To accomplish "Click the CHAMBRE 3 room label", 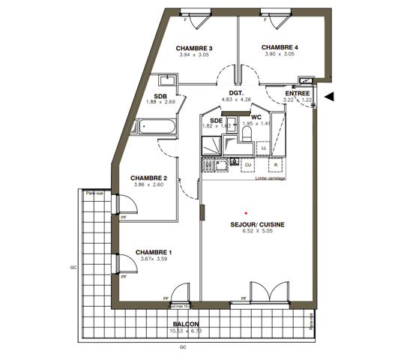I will pyautogui.click(x=195, y=48).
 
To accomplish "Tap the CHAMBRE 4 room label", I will pyautogui.click(x=280, y=46).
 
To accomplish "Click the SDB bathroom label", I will pyautogui.click(x=160, y=96).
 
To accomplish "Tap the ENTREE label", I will pyautogui.click(x=298, y=93).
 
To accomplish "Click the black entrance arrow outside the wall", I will pyautogui.click(x=330, y=95).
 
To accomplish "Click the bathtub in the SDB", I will pyautogui.click(x=157, y=127).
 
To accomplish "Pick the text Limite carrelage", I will pyautogui.click(x=270, y=178).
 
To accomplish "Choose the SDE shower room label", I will pyautogui.click(x=216, y=121).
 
